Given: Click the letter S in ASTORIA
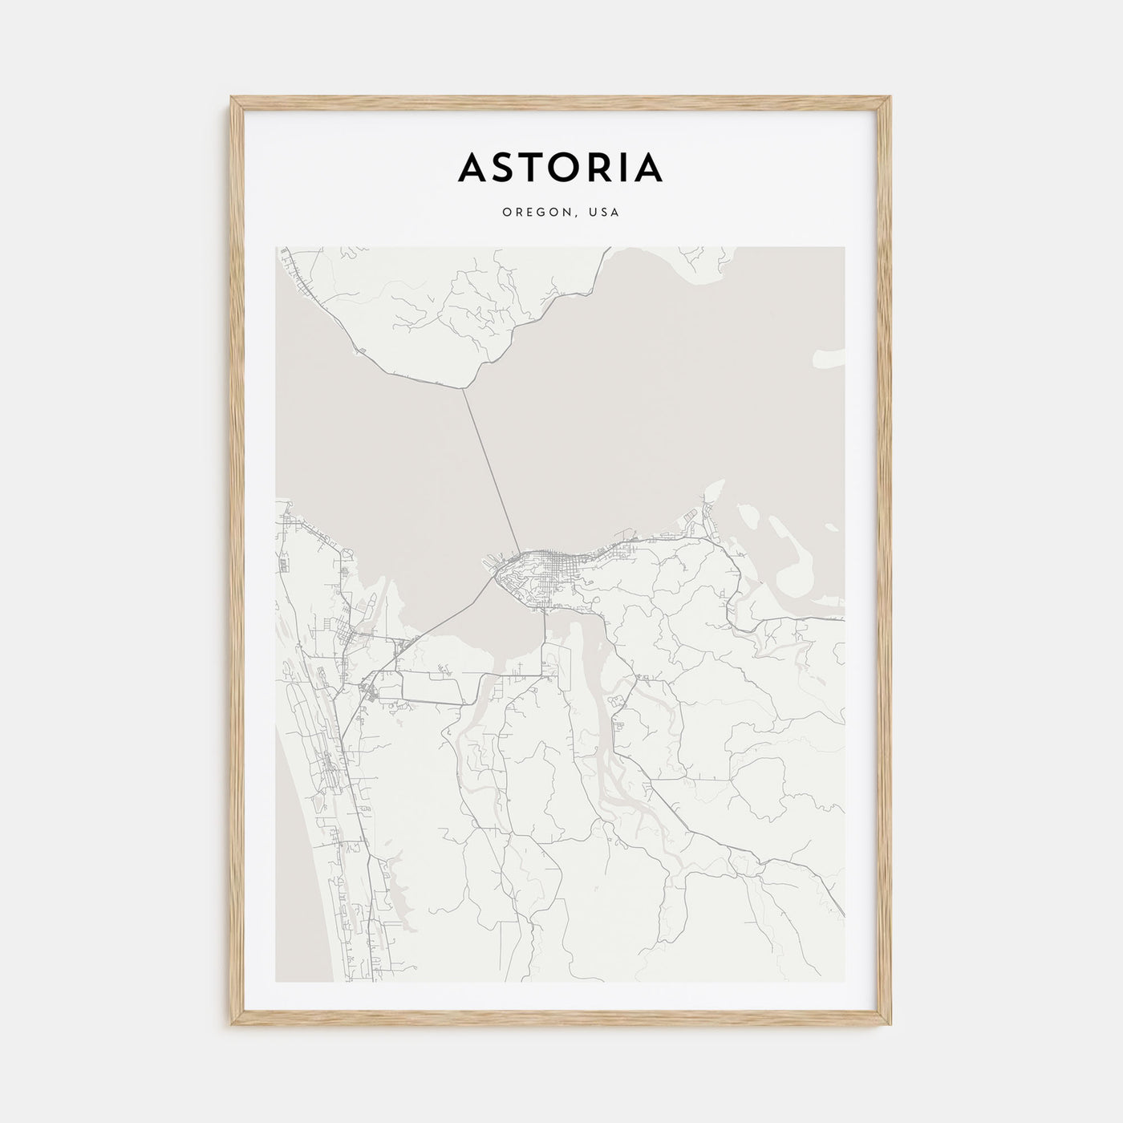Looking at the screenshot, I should coord(504,167).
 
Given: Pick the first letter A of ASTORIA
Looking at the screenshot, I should coord(472,167).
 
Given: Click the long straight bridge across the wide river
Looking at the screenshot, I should coord(491,469).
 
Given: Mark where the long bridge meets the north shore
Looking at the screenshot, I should coord(464,389).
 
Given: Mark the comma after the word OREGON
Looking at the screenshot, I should coord(572,216).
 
